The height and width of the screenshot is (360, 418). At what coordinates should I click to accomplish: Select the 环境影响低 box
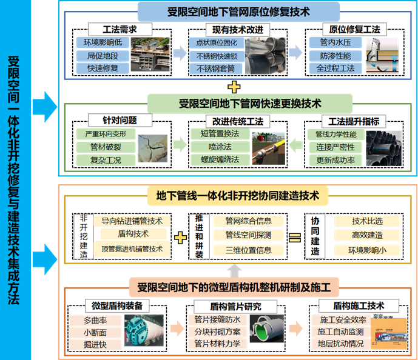(103, 42)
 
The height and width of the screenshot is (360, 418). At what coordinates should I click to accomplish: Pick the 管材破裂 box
(101, 147)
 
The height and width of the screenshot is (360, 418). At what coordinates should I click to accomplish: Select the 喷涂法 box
(220, 147)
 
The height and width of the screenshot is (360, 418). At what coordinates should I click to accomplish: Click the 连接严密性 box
(335, 147)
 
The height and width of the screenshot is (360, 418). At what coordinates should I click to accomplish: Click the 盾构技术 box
(133, 234)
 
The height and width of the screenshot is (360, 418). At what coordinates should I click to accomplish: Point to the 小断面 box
(96, 332)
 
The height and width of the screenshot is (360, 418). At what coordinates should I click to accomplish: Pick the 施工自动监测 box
(341, 332)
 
